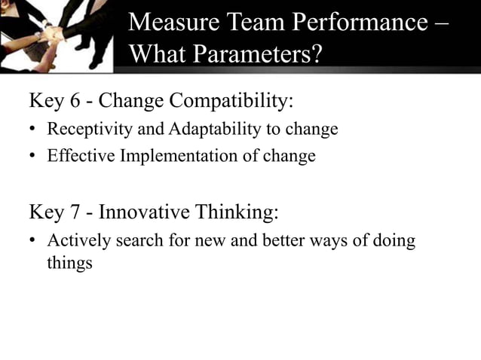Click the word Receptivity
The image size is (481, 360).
[x=84, y=130]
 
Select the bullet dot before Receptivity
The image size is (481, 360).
[x=33, y=130]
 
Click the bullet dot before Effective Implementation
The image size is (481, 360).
[x=33, y=157]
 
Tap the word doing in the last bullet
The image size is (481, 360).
[x=395, y=243]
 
